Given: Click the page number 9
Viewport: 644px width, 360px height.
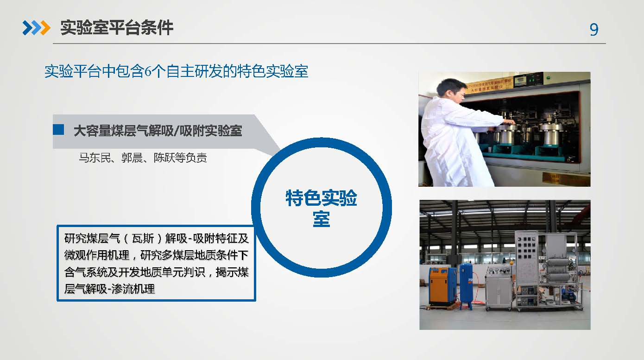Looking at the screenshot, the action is (594, 29).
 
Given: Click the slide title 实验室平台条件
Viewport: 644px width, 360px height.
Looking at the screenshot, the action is (117, 28).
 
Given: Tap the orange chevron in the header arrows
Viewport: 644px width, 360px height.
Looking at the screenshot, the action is (45, 28).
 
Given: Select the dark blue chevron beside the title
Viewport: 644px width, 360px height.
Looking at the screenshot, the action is (28, 28).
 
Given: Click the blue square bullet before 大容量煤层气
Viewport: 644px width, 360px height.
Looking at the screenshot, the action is (58, 129).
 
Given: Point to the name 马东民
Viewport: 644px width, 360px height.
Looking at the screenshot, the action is (95, 158).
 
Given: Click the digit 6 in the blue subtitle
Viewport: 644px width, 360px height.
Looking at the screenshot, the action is (148, 71).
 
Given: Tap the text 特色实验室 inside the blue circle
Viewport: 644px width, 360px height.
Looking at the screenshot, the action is (321, 208).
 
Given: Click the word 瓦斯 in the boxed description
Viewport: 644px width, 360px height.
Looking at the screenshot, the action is (143, 238).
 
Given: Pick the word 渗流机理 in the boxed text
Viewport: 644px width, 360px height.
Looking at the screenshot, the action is (133, 289).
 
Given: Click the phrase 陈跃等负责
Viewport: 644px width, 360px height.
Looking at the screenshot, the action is (180, 158).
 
